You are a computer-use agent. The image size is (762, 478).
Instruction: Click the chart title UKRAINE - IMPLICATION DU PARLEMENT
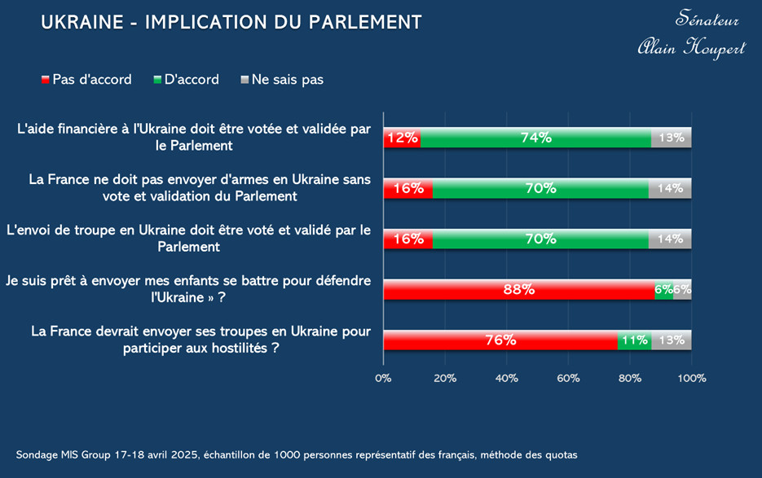pyautogui.click(x=231, y=22)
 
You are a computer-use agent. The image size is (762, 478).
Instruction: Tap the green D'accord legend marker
pyautogui.click(x=157, y=80)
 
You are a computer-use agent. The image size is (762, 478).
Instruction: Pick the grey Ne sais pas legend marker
pyautogui.click(x=244, y=80)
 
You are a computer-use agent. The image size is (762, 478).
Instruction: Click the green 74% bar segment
pyautogui.click(x=535, y=138)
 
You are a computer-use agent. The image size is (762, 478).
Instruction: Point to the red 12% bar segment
pyautogui.click(x=402, y=138)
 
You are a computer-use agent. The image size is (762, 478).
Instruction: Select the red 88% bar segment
pyautogui.click(x=518, y=289)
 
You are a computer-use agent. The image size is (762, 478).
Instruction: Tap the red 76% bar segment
pyautogui.click(x=500, y=340)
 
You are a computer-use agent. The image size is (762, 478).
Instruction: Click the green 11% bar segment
pyautogui.click(x=633, y=340)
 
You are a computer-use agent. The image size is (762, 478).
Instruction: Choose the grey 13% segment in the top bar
pyautogui.click(x=671, y=138)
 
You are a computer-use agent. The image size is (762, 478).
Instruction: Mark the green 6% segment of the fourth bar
pyautogui.click(x=663, y=289)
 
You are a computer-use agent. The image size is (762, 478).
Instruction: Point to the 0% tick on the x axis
pyautogui.click(x=383, y=378)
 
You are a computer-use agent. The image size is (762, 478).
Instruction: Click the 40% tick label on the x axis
pyautogui.click(x=507, y=378)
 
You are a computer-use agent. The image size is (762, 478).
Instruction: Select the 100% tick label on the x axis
pyautogui.click(x=691, y=378)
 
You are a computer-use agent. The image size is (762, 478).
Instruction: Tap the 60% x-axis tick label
pyautogui.click(x=568, y=378)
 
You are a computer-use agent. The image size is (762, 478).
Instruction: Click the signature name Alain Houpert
pyautogui.click(x=691, y=48)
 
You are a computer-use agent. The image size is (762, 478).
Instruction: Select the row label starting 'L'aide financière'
pyautogui.click(x=194, y=137)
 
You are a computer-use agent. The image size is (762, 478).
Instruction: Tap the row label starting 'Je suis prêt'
pyautogui.click(x=187, y=288)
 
